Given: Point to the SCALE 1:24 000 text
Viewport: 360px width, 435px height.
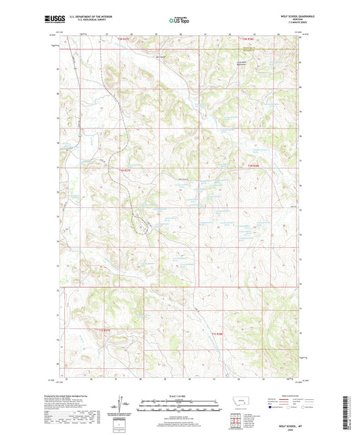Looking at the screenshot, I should pos(179,395).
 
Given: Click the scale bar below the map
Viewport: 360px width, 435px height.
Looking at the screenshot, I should pos(179,407).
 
